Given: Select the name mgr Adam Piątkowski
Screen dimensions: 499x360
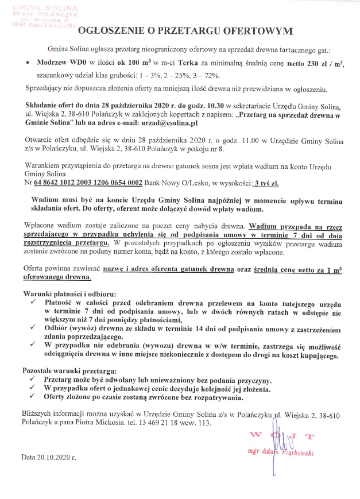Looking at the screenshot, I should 280,451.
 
